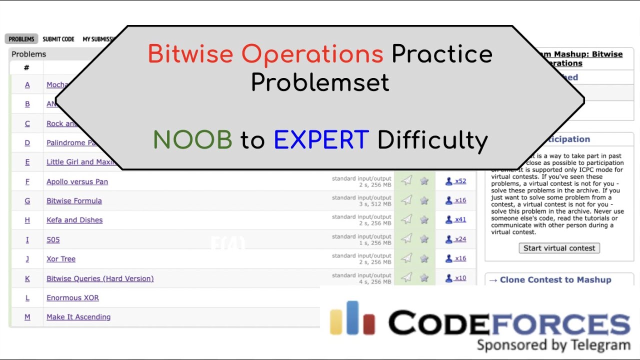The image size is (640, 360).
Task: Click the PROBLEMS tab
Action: click(21, 39)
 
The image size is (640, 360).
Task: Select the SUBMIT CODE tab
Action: click(58, 39)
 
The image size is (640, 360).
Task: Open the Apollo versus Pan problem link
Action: click(77, 181)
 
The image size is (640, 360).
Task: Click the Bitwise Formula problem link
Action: click(74, 200)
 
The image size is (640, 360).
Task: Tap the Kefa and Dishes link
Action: click(74, 220)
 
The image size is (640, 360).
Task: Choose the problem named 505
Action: click(53, 239)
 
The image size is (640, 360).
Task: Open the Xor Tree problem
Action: click(61, 258)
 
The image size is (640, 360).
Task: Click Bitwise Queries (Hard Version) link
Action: click(100, 278)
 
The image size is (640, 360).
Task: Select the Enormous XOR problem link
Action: click(72, 297)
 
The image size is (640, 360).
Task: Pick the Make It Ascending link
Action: click(78, 317)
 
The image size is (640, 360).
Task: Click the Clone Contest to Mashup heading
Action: click(555, 280)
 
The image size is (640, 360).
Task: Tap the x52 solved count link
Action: click(456, 181)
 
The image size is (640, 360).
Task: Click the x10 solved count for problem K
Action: click(456, 278)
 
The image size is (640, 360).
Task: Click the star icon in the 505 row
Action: click(424, 239)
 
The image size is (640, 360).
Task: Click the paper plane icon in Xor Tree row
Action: click(407, 258)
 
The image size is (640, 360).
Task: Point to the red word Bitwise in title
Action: click(190, 54)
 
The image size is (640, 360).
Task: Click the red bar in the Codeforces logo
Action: click(369, 324)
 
